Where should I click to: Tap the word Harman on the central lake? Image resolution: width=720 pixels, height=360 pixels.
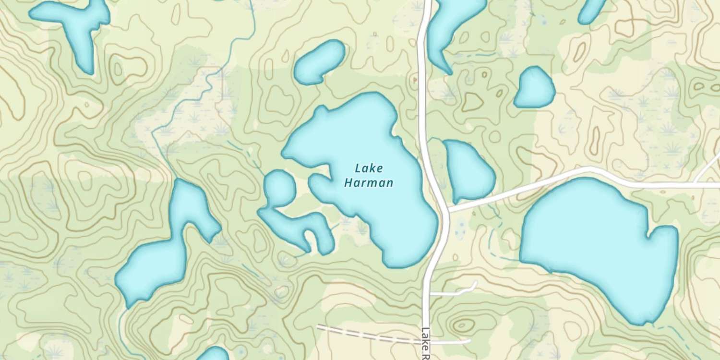(x=369, y=183)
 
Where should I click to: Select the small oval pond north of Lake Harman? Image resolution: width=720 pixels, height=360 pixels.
(x=319, y=62)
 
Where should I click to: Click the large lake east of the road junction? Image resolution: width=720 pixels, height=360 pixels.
(x=595, y=245)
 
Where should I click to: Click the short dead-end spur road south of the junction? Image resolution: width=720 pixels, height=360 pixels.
(x=454, y=291)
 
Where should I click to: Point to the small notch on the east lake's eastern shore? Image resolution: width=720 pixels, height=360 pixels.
(x=650, y=235)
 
